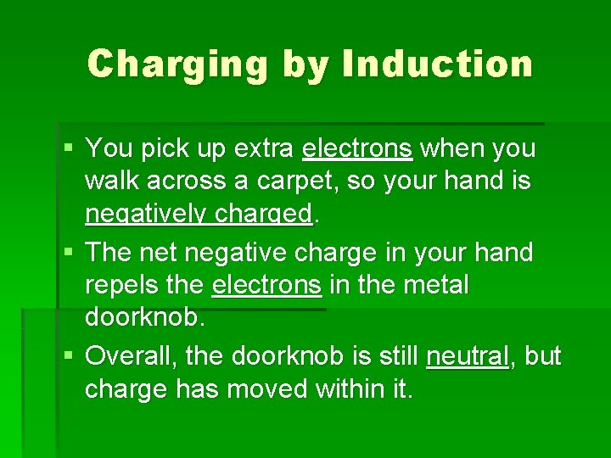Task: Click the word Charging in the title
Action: (x=177, y=64)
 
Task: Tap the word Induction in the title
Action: (x=436, y=64)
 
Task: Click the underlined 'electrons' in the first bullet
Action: (x=357, y=148)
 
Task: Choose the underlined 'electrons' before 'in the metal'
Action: (x=266, y=286)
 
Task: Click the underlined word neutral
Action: (x=468, y=356)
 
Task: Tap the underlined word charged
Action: (x=263, y=215)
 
